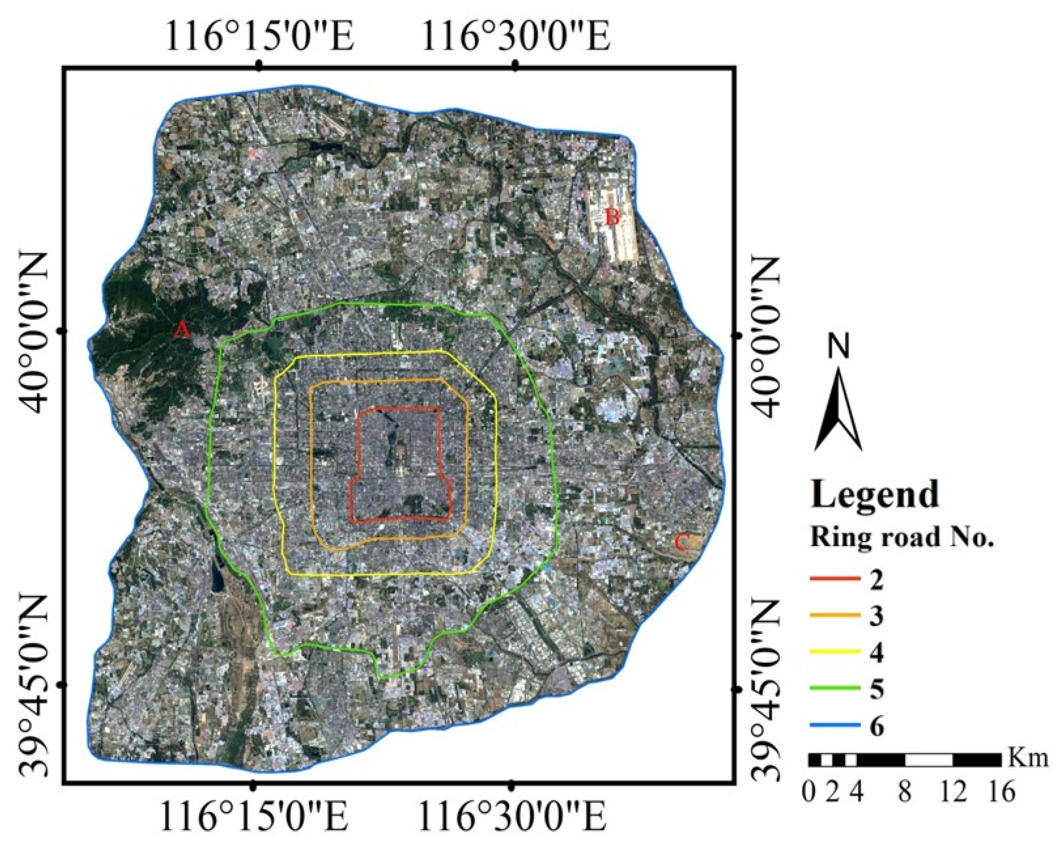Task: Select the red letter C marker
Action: tap(681, 543)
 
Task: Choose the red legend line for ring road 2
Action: tap(835, 579)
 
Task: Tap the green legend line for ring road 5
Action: tap(835, 689)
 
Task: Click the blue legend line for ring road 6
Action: tap(835, 726)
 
